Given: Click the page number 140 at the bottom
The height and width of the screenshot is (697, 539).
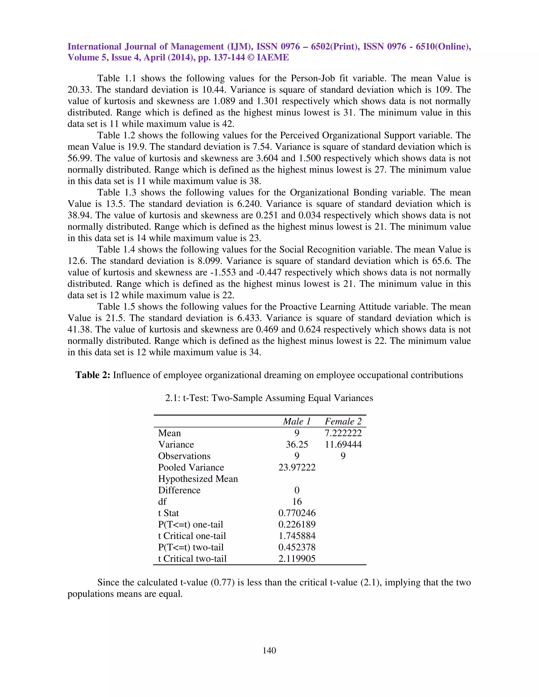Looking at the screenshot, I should click(x=269, y=650).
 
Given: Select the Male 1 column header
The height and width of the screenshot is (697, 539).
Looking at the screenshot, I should click(x=297, y=422).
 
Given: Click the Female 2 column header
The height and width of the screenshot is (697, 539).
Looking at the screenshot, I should click(x=343, y=422).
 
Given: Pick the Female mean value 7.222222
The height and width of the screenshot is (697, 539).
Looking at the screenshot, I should click(x=343, y=433).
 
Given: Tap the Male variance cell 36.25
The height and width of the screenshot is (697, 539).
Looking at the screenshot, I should click(x=297, y=445).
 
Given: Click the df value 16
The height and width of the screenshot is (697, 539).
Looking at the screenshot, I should click(x=297, y=502).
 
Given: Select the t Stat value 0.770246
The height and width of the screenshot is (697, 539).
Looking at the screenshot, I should click(x=297, y=513).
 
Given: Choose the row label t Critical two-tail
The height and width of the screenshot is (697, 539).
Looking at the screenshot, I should click(x=192, y=558).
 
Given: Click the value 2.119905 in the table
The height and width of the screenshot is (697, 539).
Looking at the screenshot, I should click(x=297, y=558).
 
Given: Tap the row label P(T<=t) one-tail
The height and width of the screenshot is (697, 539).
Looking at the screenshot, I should click(x=190, y=524).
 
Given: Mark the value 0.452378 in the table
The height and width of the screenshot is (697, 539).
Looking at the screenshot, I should click(x=297, y=547).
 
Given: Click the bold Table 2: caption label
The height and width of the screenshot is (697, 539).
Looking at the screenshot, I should click(x=93, y=375).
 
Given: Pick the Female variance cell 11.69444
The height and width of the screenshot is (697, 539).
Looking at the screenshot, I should click(x=343, y=445).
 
